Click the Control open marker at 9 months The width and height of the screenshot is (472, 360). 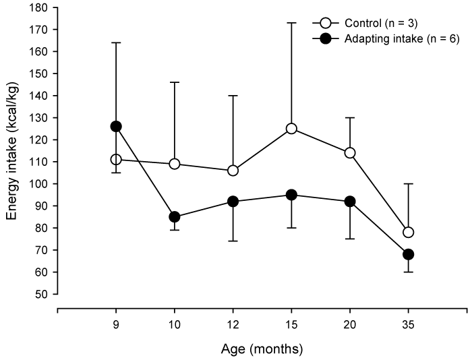point(116,159)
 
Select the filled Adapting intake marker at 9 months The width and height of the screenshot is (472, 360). point(116,126)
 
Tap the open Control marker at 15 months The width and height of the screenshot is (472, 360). point(291,128)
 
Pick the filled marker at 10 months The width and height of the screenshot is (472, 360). point(175,217)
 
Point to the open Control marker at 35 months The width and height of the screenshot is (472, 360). point(408,233)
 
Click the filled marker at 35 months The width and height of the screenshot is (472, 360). point(408,254)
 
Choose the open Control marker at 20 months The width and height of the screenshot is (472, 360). point(350,152)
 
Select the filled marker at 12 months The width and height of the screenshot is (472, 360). point(233,202)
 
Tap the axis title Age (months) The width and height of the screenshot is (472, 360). point(262,349)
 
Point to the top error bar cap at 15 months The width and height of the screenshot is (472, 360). point(291,22)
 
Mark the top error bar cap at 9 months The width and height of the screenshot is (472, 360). point(116,42)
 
